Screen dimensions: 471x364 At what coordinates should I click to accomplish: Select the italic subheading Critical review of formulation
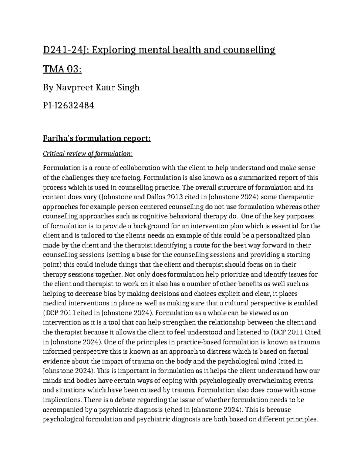tap(87, 154)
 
